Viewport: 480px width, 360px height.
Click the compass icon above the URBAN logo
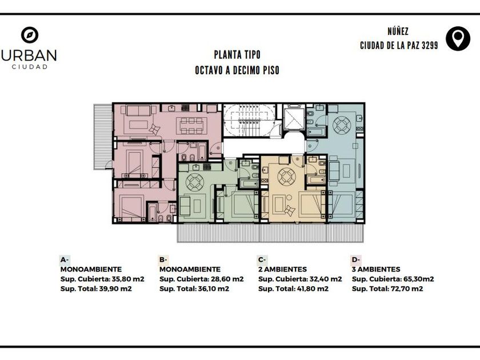30,35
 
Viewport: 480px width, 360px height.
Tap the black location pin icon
458,39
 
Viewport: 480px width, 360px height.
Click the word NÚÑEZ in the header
398,31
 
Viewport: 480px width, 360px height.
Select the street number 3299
430,46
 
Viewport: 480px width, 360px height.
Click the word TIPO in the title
251,55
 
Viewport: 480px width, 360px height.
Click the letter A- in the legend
65,260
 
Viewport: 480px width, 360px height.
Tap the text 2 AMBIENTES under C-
282,269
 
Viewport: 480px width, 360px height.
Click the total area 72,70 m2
407,289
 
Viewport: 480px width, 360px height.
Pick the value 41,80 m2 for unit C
313,289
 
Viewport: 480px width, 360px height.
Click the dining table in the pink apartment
191,126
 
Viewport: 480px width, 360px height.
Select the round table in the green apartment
194,182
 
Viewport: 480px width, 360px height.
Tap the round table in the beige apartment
286,176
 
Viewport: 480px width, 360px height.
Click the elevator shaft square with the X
294,119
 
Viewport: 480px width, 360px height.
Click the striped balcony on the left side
103,137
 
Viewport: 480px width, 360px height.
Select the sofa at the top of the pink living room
138,110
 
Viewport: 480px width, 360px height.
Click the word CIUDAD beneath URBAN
30,67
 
